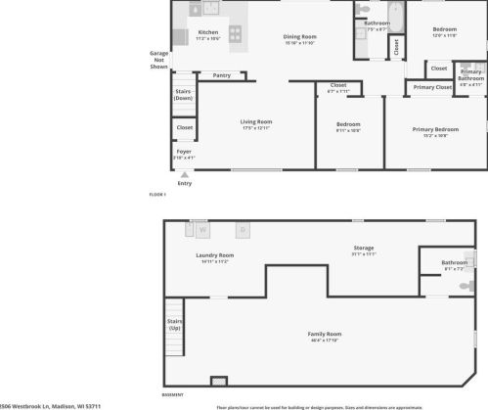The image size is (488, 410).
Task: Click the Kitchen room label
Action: [208, 32]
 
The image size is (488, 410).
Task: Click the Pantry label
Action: [222, 75]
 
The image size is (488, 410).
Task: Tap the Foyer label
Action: [184, 152]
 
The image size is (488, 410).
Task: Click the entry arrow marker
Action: [184, 174]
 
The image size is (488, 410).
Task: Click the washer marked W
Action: [203, 230]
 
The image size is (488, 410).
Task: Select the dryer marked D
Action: [243, 230]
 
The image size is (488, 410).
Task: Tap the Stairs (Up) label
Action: [175, 324]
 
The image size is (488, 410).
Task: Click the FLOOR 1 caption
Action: [157, 195]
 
